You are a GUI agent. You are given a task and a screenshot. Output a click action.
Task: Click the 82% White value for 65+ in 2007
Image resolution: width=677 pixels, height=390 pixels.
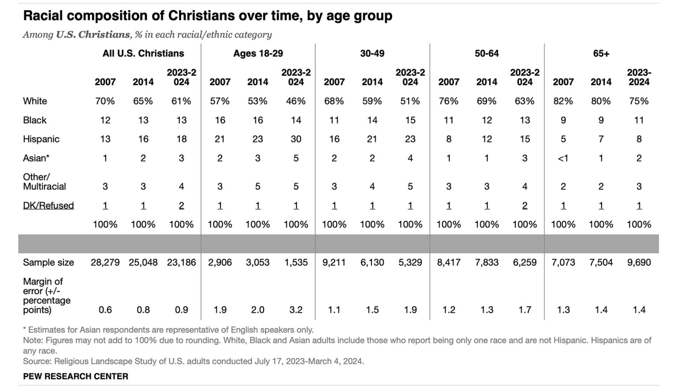point(563,101)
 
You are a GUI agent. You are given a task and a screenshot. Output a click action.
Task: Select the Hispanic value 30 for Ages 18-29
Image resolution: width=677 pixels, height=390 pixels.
point(296,139)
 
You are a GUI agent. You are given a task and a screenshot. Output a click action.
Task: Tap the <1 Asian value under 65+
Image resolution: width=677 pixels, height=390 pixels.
point(563,158)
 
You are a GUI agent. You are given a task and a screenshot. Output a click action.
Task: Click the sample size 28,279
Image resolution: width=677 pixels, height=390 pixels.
point(105,262)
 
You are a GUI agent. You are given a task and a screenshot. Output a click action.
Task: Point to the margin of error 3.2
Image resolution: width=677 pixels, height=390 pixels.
point(296,310)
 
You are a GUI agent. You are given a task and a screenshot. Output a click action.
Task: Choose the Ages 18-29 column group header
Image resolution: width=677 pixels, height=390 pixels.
point(258,53)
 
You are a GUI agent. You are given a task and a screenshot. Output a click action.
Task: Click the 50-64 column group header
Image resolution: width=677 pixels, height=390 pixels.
point(487,53)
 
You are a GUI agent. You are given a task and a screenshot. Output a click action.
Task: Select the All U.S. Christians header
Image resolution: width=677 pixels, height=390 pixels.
point(143,53)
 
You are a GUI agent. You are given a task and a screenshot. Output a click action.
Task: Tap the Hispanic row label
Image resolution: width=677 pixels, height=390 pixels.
point(41,139)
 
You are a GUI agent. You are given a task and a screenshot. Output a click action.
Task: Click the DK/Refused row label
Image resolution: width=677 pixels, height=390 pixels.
point(48,205)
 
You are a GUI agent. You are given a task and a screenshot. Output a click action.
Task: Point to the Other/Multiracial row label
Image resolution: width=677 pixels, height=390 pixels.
point(45,182)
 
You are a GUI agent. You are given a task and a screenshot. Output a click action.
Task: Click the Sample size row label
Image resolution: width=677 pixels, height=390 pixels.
point(48,262)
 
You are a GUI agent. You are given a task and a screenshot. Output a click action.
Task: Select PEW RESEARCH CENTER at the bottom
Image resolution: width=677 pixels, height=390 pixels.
point(75,376)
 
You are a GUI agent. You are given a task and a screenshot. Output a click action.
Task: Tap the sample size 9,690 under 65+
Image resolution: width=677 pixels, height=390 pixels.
point(639,262)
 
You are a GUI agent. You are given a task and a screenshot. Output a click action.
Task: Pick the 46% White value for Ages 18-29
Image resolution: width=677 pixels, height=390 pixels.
point(296,101)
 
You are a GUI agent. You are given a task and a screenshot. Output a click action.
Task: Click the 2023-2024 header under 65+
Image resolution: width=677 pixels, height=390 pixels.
point(639,77)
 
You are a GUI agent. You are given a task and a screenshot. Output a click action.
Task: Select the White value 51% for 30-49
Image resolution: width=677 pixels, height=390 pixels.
point(410,101)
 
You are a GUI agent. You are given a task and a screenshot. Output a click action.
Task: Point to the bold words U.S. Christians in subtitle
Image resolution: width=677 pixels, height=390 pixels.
point(93,35)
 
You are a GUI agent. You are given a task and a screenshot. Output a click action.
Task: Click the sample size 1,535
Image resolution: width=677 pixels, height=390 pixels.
point(296,262)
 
